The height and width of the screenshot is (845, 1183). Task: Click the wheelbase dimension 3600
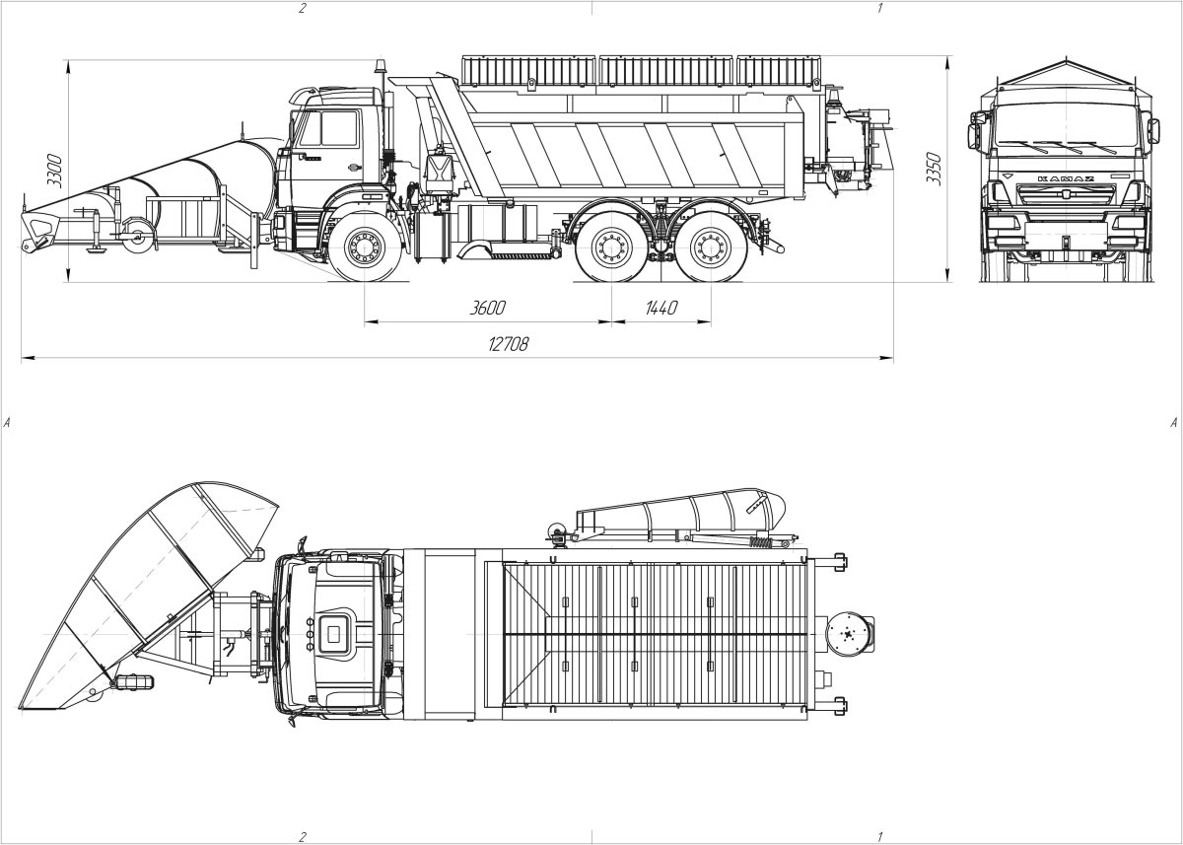(487, 308)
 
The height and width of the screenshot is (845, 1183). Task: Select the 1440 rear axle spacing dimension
(661, 308)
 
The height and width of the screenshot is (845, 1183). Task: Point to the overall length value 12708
(509, 344)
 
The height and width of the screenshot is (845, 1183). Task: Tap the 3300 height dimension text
(55, 170)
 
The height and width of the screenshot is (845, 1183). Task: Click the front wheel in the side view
(366, 247)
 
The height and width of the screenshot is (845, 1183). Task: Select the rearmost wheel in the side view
(710, 247)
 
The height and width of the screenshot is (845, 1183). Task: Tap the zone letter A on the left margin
(8, 422)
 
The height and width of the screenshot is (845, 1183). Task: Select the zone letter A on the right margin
(1173, 422)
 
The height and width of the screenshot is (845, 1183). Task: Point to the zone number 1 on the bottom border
(878, 836)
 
